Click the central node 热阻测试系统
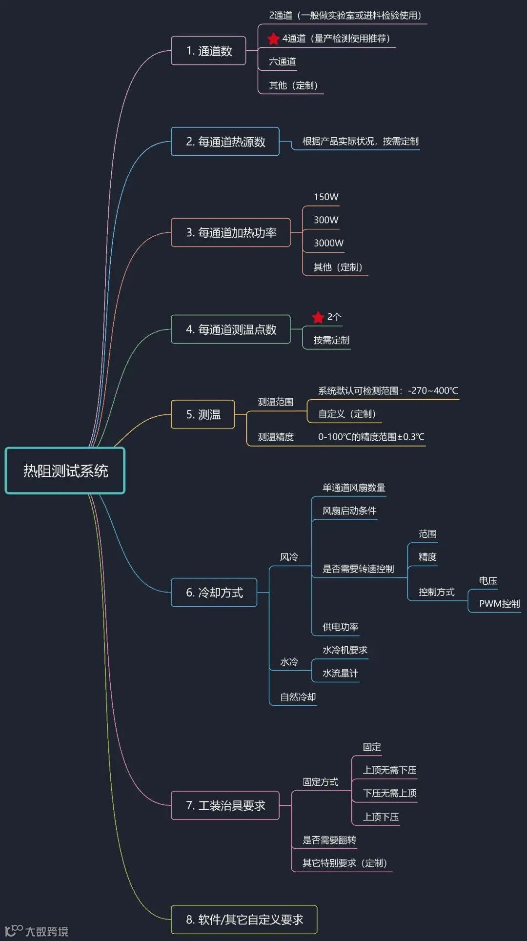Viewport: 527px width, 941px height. (65, 470)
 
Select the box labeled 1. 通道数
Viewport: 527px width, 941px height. (208, 51)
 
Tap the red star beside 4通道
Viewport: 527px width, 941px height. (273, 39)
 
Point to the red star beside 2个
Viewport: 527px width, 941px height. (318, 317)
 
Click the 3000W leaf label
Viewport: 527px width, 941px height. (328, 243)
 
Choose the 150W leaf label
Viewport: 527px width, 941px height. (326, 197)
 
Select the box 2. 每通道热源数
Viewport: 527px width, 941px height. (225, 142)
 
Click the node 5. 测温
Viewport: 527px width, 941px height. (203, 414)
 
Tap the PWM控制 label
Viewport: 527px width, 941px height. (499, 604)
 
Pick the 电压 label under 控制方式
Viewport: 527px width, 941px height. (488, 580)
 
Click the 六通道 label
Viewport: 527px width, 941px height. (283, 61)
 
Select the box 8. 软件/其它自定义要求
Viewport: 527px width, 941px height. (244, 920)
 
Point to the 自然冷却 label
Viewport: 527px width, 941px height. (298, 697)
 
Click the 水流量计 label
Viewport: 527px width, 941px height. (340, 673)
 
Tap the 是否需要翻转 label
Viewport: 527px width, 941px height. (329, 840)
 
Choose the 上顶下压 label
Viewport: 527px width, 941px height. (381, 817)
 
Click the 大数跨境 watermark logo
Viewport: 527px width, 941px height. (37, 931)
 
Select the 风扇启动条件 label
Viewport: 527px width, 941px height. (349, 511)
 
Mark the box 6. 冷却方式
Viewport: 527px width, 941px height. (214, 593)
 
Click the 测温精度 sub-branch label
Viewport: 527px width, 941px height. (276, 437)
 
